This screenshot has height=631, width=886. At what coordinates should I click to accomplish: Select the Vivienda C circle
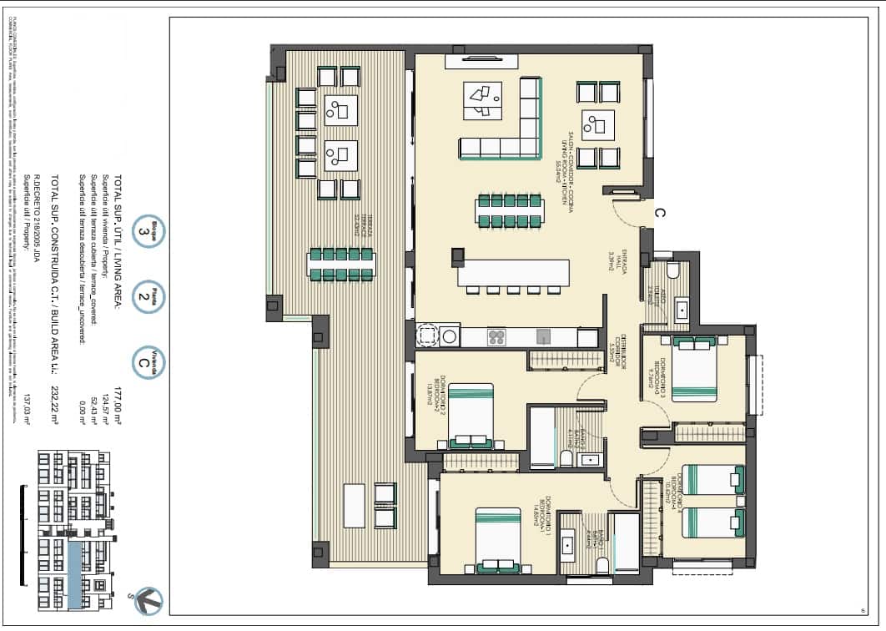148,363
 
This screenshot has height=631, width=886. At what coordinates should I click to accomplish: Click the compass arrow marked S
149,599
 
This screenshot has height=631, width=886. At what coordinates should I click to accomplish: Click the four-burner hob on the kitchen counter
496,337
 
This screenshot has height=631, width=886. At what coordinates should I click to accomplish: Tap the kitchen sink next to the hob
543,336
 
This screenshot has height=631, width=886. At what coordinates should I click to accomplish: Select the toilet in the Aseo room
672,270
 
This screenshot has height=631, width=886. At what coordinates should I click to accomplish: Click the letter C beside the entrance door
658,213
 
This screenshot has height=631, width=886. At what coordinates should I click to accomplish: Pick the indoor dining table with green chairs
510,210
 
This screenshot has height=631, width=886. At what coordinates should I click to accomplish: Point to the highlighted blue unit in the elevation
76,573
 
